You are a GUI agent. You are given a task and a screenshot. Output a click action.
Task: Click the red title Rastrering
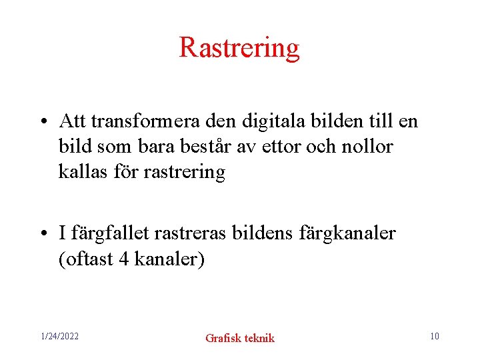click(239, 48)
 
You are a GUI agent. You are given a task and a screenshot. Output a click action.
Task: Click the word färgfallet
click(111, 233)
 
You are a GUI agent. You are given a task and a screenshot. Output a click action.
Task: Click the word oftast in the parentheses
click(89, 259)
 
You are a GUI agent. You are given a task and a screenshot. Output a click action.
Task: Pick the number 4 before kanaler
click(123, 259)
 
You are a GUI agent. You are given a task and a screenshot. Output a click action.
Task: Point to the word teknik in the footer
click(259, 338)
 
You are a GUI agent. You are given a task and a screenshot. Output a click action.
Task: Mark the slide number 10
click(434, 336)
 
